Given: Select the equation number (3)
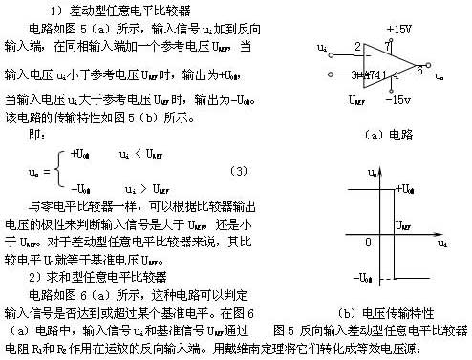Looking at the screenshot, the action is tap(213, 170).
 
